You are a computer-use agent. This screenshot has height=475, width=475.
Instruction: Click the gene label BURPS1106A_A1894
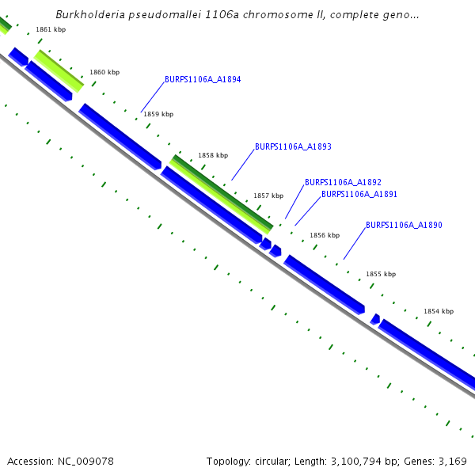(x=203, y=80)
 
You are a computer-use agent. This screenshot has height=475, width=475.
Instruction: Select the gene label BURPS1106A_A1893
(x=293, y=147)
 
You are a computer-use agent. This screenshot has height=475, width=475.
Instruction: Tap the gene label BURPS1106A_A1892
(x=343, y=182)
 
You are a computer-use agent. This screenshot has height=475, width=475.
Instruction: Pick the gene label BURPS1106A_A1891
(x=359, y=194)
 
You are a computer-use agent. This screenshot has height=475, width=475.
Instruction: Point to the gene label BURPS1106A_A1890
(x=404, y=226)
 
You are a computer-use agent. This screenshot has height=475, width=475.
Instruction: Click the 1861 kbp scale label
(x=51, y=29)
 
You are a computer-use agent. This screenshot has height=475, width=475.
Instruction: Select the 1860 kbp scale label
(x=104, y=72)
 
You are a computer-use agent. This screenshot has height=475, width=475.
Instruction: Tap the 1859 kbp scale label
(x=158, y=114)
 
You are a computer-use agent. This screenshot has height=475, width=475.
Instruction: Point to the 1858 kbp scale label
(x=213, y=155)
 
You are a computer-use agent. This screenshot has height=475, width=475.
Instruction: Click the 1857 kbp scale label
(x=268, y=196)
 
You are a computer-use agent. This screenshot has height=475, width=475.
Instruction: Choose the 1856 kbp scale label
(x=325, y=235)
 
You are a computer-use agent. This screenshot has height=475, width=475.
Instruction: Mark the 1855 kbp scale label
(x=381, y=274)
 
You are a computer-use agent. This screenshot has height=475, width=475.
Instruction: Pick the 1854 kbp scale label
(x=439, y=311)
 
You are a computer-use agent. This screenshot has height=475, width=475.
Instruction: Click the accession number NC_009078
(x=83, y=462)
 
